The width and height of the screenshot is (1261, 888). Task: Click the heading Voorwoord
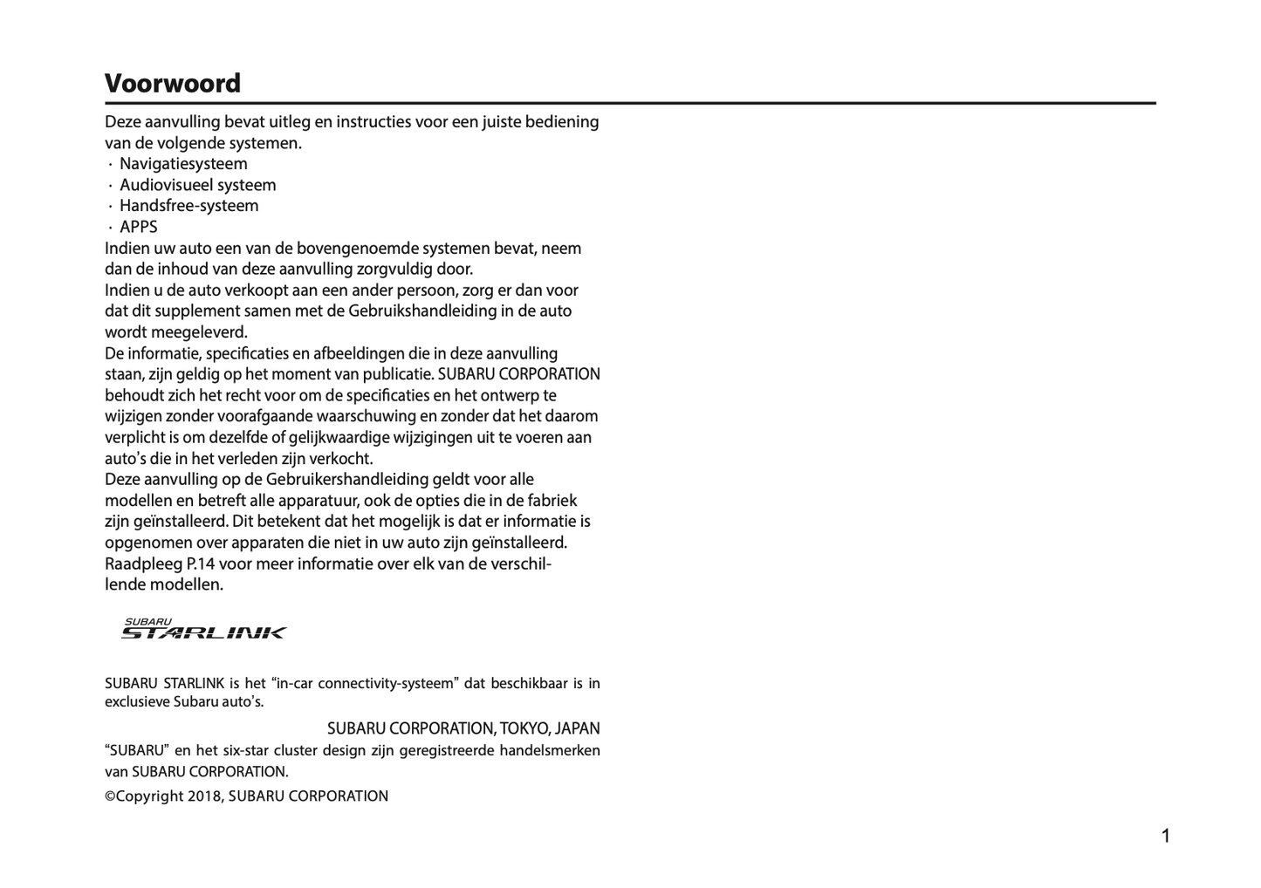pyautogui.click(x=173, y=84)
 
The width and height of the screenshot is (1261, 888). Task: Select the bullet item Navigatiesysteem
pyautogui.click(x=183, y=164)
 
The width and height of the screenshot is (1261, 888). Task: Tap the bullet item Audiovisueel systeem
pyautogui.click(x=197, y=185)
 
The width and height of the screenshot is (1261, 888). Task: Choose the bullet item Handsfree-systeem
pyautogui.click(x=188, y=206)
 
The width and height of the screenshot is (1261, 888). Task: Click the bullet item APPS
pyautogui.click(x=139, y=227)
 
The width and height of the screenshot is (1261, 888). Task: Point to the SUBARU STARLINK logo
pyautogui.click(x=203, y=629)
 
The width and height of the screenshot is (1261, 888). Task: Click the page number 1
pyautogui.click(x=1165, y=837)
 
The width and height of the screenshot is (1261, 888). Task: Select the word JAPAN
pyautogui.click(x=577, y=728)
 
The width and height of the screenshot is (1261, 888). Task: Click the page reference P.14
pyautogui.click(x=201, y=564)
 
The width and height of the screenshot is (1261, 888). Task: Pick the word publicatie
pyautogui.click(x=394, y=374)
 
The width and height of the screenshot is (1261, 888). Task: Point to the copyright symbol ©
pyautogui.click(x=110, y=796)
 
